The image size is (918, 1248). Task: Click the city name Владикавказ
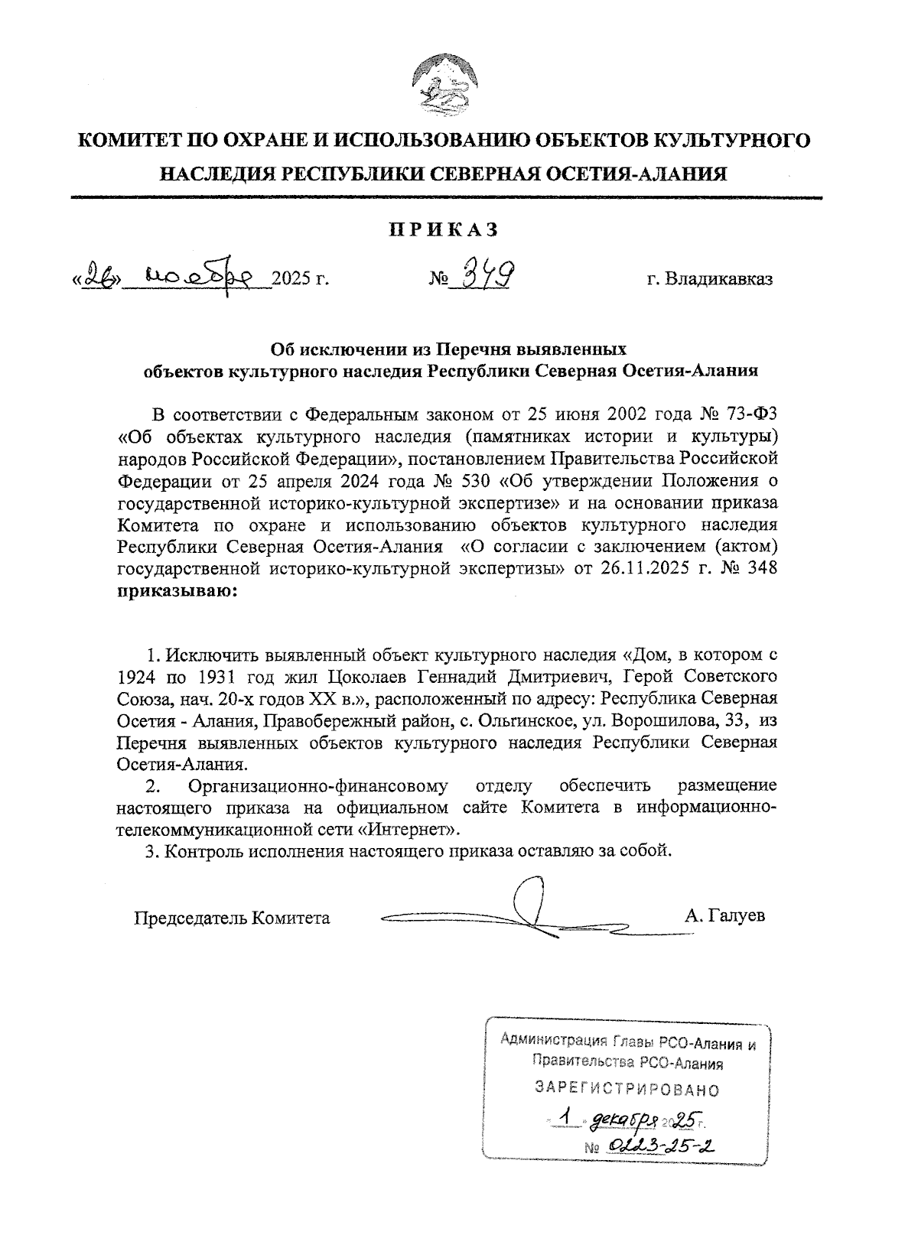point(709,279)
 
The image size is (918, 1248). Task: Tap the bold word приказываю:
point(177,591)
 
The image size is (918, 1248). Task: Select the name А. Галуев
point(724,916)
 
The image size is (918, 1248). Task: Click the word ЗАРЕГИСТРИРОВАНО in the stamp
point(627,1088)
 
